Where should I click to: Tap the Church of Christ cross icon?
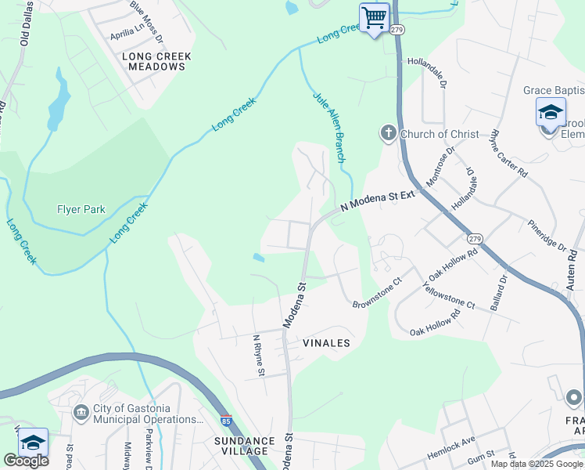click(389, 134)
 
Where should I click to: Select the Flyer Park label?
click(81, 209)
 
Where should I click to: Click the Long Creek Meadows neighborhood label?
click(154, 61)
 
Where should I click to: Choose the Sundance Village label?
click(245, 446)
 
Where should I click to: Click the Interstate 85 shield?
click(226, 421)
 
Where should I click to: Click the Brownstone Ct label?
click(377, 292)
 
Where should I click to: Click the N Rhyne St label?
click(257, 355)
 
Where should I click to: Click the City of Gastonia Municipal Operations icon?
click(81, 413)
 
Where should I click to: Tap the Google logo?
click(25, 461)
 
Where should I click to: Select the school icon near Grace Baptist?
click(551, 112)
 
